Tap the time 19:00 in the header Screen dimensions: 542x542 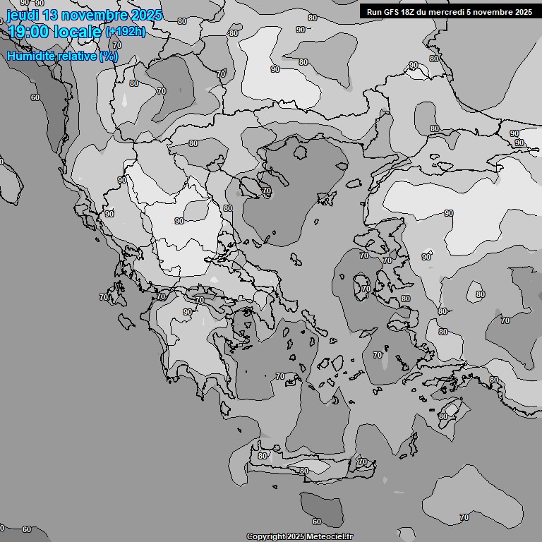[29, 32]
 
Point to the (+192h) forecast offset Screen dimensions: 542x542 [126, 32]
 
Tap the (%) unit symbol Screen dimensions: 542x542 [109, 56]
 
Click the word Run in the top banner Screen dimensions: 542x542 [374, 12]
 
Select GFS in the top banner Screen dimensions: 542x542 [392, 12]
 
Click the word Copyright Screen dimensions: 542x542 [265, 537]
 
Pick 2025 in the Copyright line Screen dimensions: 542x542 [295, 537]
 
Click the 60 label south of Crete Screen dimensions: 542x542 [316, 522]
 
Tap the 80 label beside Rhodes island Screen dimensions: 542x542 [442, 416]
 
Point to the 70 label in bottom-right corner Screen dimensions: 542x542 [464, 517]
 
